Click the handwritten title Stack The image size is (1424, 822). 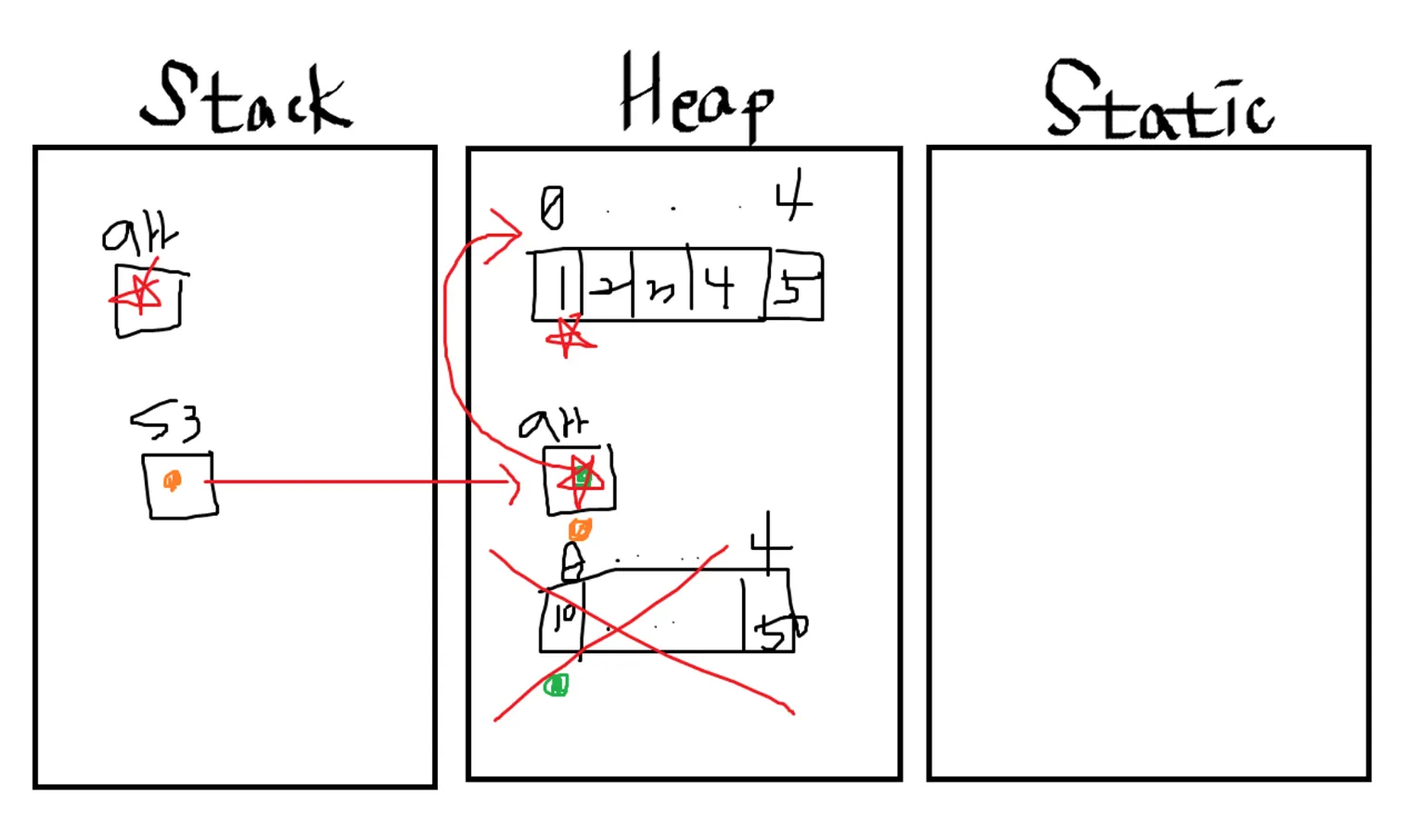[246, 97]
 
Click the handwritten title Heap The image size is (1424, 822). [696, 97]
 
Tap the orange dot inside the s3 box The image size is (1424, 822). [172, 481]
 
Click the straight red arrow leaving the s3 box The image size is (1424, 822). [362, 482]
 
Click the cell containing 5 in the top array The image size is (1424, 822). [793, 288]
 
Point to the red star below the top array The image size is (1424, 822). [569, 337]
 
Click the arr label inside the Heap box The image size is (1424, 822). [553, 425]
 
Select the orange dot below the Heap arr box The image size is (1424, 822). [580, 529]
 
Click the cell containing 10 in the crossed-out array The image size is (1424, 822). [562, 617]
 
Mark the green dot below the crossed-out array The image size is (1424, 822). [556, 686]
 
